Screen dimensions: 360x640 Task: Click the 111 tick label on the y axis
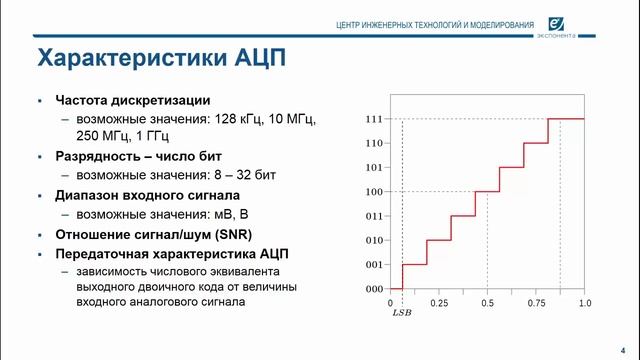click(x=374, y=119)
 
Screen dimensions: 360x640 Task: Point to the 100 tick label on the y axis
click(x=374, y=192)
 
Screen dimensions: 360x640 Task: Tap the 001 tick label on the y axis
click(x=374, y=264)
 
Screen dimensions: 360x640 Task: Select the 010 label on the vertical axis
click(x=374, y=240)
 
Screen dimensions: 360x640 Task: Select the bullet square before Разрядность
click(x=38, y=157)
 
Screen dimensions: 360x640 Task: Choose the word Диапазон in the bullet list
click(x=92, y=195)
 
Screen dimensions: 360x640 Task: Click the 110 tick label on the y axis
click(x=374, y=143)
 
